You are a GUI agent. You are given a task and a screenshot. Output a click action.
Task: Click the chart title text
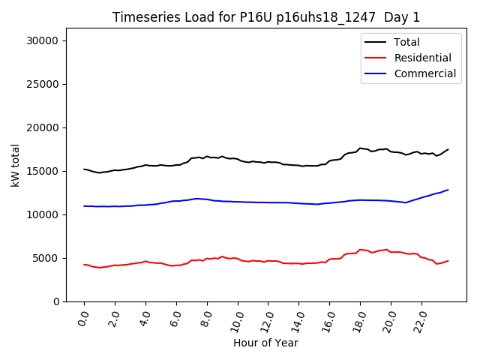pos(266,17)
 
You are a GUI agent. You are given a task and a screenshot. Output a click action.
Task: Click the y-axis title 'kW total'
pos(15,164)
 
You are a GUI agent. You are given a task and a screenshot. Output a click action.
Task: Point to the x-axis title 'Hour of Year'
pos(265,343)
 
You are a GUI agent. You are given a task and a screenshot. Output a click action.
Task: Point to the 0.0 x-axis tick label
pos(83,319)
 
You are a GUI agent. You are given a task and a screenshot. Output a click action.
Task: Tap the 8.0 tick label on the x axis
pos(206,319)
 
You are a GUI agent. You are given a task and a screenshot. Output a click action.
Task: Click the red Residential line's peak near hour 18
pos(360,250)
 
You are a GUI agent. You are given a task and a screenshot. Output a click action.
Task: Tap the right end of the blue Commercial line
pos(448,190)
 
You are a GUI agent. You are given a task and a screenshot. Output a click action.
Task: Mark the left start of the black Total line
pos(84,169)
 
